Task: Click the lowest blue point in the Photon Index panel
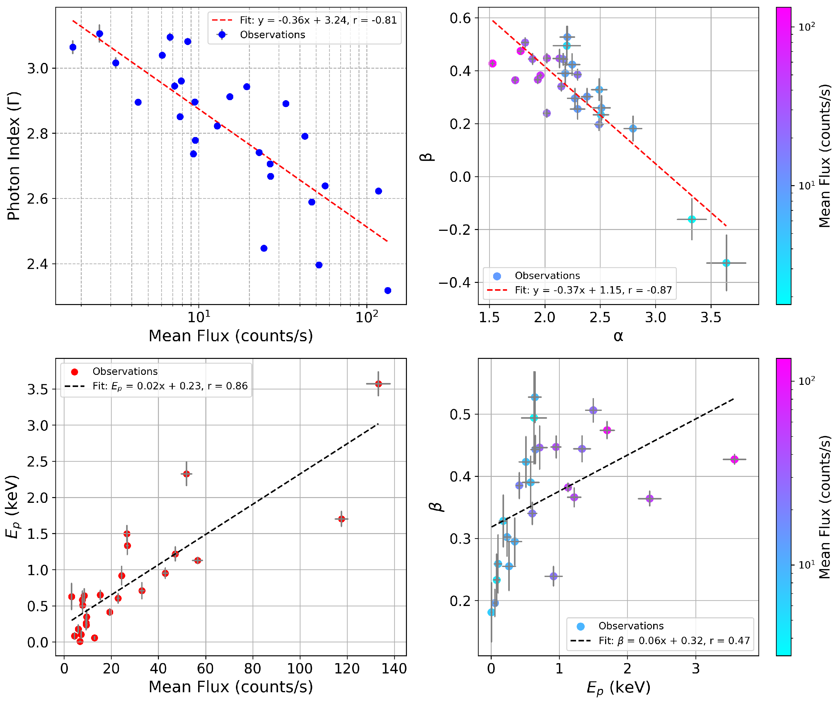(x=388, y=291)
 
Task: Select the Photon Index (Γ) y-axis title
(x=14, y=156)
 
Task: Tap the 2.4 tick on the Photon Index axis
(x=38, y=264)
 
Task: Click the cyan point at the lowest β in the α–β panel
(x=726, y=263)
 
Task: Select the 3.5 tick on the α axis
(x=711, y=317)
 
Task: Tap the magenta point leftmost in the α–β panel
(x=493, y=64)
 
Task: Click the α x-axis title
(x=618, y=336)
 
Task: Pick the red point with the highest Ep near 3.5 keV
(x=378, y=384)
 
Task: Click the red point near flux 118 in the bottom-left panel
(x=342, y=519)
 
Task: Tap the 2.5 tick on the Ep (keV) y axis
(x=38, y=462)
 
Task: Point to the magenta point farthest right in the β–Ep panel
(x=734, y=459)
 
